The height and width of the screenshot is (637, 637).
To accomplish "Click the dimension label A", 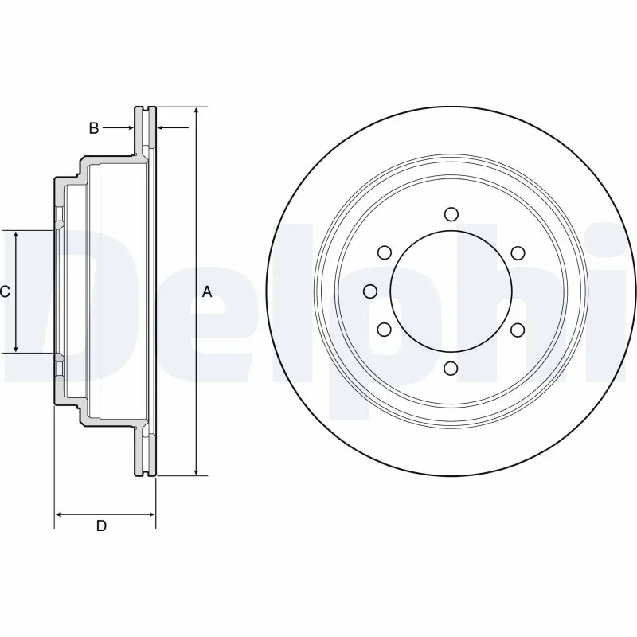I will pyautogui.click(x=207, y=292).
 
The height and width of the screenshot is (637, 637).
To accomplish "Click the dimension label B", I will pyautogui.click(x=93, y=127).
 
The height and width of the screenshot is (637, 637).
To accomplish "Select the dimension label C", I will pyautogui.click(x=5, y=292).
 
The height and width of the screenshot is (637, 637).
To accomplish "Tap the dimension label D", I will pyautogui.click(x=101, y=526).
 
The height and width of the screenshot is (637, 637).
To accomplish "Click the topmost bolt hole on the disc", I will pyautogui.click(x=451, y=213).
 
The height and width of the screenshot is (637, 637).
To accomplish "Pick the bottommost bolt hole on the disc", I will pyautogui.click(x=451, y=367).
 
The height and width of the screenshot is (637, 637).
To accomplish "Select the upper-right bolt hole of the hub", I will pyautogui.click(x=518, y=252).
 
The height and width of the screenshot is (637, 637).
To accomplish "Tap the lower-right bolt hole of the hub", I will pyautogui.click(x=518, y=329).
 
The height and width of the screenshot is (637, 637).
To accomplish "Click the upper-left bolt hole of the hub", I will pyautogui.click(x=385, y=252).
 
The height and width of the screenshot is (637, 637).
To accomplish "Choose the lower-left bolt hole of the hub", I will pyautogui.click(x=385, y=329).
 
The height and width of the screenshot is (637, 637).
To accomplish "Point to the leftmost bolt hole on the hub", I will pyautogui.click(x=369, y=291).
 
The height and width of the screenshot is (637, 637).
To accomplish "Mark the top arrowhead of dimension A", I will pyautogui.click(x=196, y=111).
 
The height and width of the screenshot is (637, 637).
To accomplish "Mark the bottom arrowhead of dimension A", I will pyautogui.click(x=196, y=471).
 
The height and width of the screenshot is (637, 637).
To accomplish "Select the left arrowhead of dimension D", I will pyautogui.click(x=59, y=515).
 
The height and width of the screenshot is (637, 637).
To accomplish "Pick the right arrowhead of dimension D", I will pyautogui.click(x=151, y=515).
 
